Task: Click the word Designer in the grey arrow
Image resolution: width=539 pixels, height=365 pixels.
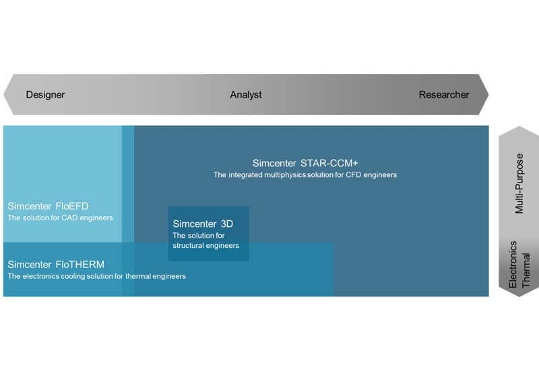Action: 45,94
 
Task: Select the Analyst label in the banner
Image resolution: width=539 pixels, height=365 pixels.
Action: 246,94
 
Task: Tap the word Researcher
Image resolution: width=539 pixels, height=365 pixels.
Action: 444,94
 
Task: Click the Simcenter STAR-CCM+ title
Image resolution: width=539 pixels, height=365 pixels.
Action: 305,163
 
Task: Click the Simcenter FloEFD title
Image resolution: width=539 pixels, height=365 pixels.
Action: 48,206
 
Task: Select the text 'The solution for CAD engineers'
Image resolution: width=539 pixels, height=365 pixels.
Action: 60,218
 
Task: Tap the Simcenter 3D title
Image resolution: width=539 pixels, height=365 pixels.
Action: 203,224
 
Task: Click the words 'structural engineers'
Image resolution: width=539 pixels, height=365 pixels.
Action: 205,245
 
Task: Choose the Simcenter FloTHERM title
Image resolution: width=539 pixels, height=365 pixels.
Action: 56,264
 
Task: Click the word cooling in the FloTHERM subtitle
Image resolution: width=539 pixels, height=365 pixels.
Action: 73,276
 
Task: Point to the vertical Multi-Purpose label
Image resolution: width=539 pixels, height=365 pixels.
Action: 519,184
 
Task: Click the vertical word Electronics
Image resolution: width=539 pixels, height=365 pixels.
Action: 513,264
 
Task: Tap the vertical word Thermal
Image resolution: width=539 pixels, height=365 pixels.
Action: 526,270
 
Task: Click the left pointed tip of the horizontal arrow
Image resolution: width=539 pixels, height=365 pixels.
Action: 4,94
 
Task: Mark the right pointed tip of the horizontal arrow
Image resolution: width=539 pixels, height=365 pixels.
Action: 488,94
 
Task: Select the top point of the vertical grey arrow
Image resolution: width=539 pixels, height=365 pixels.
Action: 519,127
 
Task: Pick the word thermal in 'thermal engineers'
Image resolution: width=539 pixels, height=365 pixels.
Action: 138,276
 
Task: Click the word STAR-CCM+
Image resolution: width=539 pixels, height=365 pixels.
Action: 329,163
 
